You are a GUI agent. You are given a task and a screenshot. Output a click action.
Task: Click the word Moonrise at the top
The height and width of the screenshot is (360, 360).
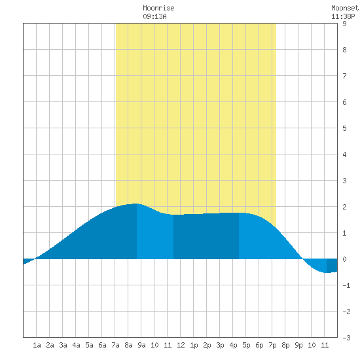pos(158,8)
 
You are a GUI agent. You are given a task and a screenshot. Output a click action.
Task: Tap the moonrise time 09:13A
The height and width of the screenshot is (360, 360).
pos(154,16)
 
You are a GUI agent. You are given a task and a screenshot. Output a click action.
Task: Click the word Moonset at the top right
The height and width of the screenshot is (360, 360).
pos(344,8)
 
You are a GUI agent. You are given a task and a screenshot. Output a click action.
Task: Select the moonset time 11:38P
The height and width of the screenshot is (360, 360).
pos(343,16)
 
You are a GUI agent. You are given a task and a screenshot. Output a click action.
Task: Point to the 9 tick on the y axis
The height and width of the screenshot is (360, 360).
pos(344,24)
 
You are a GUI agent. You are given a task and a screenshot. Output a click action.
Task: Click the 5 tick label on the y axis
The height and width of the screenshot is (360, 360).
pos(344,128)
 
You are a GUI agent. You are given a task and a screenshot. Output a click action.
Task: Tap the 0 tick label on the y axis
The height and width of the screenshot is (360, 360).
pos(344,259)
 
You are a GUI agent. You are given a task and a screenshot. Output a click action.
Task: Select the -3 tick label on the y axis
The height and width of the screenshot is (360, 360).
pos(346,338)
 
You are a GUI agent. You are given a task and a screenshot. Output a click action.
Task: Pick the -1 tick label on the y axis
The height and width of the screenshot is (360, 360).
pos(346,285)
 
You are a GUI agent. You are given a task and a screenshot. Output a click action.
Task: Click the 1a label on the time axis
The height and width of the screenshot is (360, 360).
pos(37,345)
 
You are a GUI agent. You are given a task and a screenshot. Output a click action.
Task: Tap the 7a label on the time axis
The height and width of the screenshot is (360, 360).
pos(115,345)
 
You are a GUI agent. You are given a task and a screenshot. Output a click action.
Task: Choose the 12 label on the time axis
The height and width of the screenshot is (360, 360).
pos(181,345)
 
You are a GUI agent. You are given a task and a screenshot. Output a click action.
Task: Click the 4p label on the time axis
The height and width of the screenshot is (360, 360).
pos(233,345)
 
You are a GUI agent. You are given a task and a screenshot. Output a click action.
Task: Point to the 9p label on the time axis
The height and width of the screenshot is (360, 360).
pos(298,345)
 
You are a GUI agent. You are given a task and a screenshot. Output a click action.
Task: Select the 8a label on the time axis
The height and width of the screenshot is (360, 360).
pos(128,345)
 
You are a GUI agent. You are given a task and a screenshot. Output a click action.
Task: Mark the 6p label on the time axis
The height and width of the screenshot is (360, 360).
pos(259,345)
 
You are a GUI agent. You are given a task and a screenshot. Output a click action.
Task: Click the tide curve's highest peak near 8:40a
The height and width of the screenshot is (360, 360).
pos(136,204)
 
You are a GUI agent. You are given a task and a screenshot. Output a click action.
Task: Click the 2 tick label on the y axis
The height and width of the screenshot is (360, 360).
pos(344,207)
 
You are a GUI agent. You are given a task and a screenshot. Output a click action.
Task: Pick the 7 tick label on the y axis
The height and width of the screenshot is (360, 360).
pos(344,76)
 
